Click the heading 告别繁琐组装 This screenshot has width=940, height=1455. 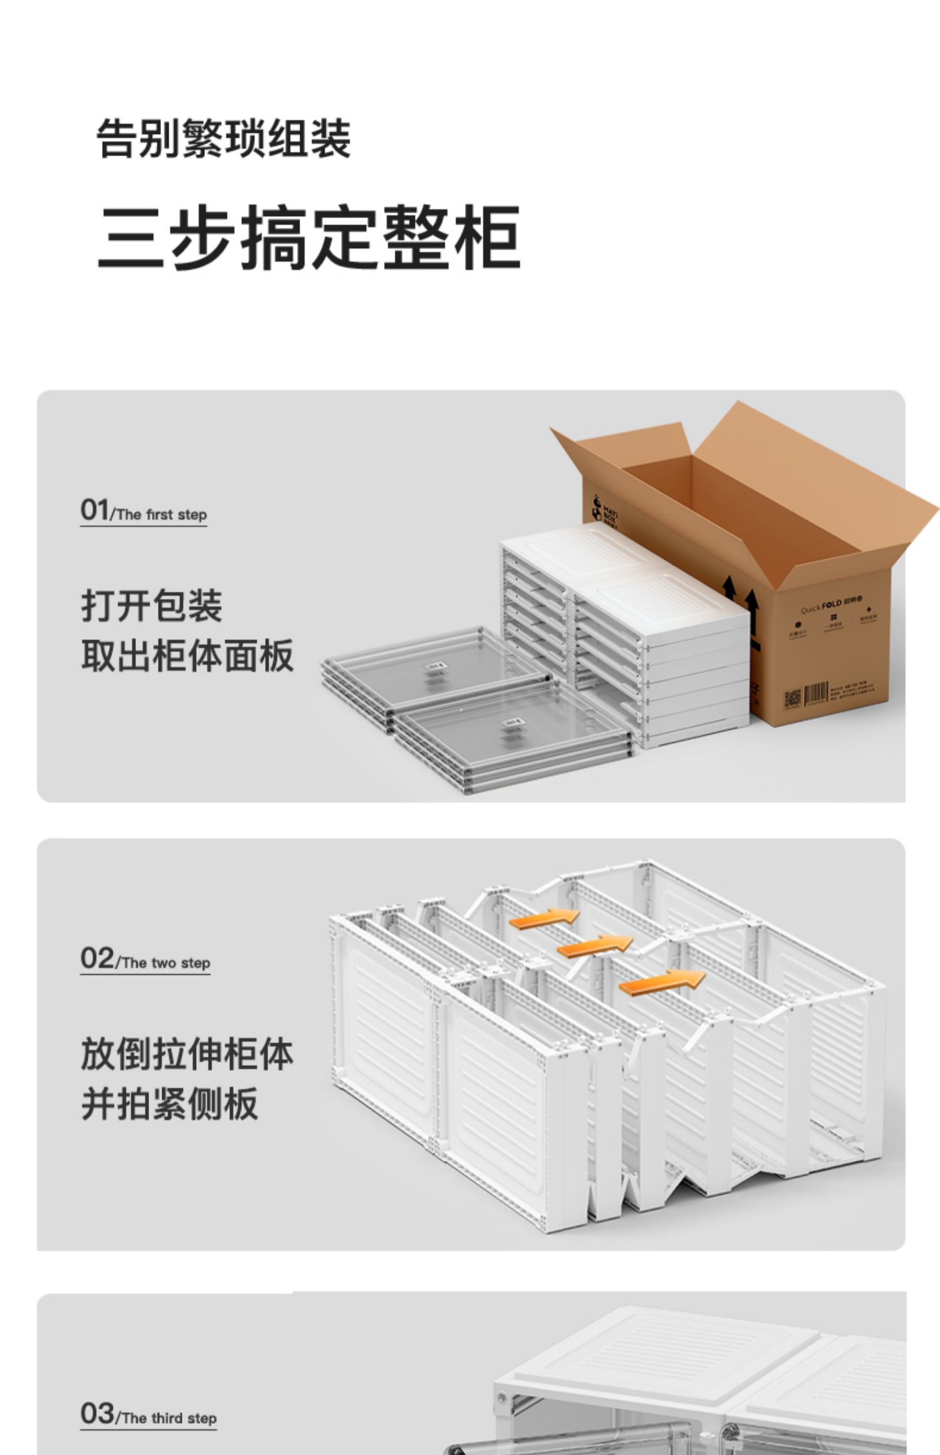click(x=223, y=138)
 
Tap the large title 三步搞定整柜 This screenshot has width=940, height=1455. click(x=308, y=237)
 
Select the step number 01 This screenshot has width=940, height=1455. click(x=94, y=510)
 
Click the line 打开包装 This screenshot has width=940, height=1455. click(x=151, y=606)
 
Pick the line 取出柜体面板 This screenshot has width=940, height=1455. click(x=187, y=656)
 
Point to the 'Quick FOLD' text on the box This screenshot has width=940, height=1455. click(x=822, y=606)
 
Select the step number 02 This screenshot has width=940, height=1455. click(x=97, y=958)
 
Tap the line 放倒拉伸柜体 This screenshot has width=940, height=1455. click(x=187, y=1054)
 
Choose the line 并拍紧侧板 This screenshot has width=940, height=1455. click(x=169, y=1104)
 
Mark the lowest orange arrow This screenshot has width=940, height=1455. click(x=661, y=981)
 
